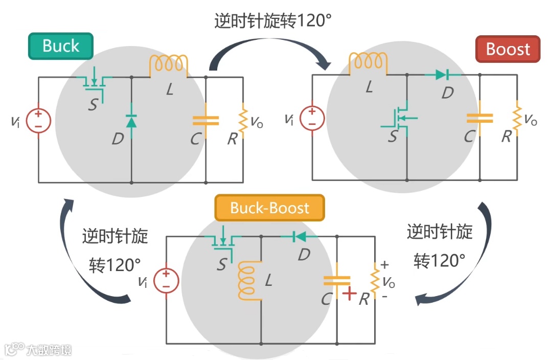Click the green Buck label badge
[61, 46]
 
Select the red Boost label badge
[508, 49]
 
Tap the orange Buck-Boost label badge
[269, 208]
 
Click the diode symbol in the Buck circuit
[131, 121]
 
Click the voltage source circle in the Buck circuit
[38, 121]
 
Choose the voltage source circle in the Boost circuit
[312, 118]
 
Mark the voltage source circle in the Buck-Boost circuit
[166, 281]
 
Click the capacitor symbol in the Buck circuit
[205, 121]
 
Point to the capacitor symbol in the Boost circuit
[479, 119]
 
